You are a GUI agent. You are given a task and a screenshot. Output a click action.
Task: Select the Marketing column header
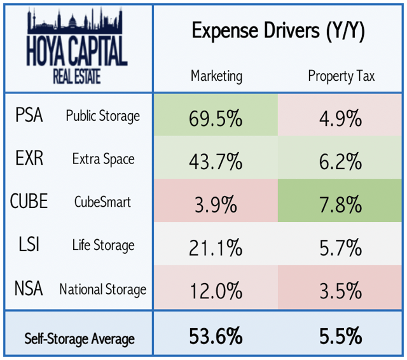click(x=216, y=76)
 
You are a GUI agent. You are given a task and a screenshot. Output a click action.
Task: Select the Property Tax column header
click(x=341, y=76)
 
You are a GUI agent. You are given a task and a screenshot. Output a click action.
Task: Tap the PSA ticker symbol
click(x=29, y=116)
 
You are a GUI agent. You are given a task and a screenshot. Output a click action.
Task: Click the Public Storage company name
click(x=102, y=116)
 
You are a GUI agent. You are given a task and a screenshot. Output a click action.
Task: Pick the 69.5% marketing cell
click(x=216, y=118)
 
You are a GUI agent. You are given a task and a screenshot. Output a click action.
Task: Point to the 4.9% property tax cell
click(x=341, y=118)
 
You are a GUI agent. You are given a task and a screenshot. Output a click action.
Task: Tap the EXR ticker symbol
click(x=29, y=158)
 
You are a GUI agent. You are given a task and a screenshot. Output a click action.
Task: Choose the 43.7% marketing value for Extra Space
click(x=216, y=161)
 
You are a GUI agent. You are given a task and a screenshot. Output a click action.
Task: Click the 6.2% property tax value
click(x=341, y=161)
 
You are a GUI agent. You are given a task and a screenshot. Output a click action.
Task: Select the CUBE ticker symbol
click(x=29, y=202)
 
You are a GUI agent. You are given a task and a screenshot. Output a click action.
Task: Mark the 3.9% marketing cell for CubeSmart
click(x=216, y=204)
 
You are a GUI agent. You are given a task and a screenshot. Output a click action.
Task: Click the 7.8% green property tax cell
click(x=341, y=204)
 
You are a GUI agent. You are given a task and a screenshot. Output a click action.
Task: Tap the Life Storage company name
click(x=102, y=246)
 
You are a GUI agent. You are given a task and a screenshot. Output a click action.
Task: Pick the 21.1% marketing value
click(x=216, y=247)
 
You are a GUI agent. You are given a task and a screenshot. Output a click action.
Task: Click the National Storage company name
click(x=102, y=289)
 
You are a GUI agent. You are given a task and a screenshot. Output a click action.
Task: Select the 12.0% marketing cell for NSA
click(x=216, y=291)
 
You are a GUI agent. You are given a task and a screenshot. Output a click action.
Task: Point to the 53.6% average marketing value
click(x=216, y=336)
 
